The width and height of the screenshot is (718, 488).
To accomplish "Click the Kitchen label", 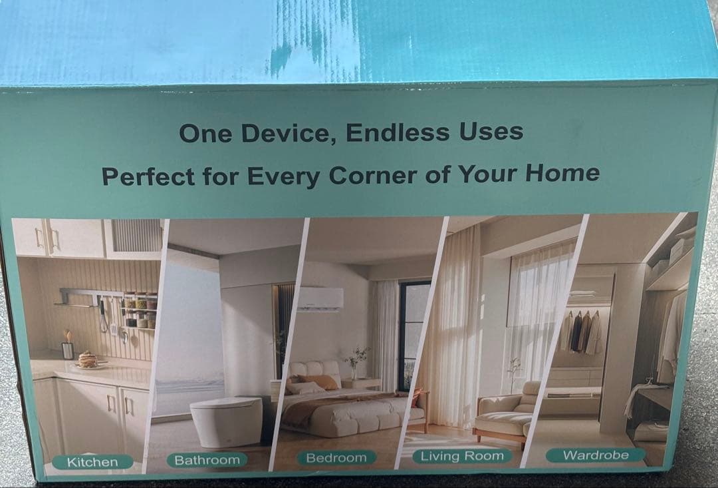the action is point(92,462).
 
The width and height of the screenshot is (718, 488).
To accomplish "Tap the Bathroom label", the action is point(207,460).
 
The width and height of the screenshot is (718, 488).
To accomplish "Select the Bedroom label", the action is point(336,458).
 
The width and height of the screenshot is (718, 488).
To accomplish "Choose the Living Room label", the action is point(462,456).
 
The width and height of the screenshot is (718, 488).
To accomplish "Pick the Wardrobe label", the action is point(596,455).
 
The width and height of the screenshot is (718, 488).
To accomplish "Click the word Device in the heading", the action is point(285,133).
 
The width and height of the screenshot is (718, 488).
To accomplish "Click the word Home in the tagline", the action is point(562,173).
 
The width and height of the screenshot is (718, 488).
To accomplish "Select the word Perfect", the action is point(148,176).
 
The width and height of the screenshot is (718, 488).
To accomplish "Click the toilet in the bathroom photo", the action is point(226,421).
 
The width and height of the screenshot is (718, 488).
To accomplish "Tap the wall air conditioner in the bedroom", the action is point(320,299).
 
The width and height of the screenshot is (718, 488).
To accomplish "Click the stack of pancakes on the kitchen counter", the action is point(88,360).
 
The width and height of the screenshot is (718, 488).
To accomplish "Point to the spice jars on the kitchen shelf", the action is point(141,310).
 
